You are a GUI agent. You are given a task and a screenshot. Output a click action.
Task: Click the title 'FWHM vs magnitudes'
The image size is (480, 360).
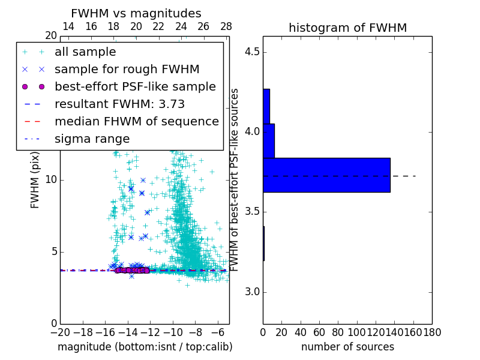click(136, 14)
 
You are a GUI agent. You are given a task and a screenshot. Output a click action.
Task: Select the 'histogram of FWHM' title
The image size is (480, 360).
click(347, 28)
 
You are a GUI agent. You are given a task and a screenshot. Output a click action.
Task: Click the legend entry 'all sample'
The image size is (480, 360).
click(85, 52)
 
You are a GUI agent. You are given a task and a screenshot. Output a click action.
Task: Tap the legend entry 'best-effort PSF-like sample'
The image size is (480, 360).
click(135, 86)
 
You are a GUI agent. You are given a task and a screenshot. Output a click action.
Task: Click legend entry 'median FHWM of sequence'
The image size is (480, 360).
click(136, 121)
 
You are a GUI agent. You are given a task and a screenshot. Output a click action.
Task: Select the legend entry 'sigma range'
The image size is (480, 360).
click(92, 139)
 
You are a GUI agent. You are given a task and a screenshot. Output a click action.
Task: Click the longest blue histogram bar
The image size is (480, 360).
click(326, 175)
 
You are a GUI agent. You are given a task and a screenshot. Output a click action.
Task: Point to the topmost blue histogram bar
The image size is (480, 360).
click(266, 106)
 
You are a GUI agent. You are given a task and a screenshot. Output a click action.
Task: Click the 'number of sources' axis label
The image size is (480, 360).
click(347, 347)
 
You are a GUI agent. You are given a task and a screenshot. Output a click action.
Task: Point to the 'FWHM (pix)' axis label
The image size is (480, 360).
click(35, 179)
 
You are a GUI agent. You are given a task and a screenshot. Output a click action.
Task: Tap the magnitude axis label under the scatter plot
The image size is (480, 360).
click(145, 347)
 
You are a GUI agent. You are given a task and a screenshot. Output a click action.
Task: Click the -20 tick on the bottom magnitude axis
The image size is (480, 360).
click(60, 332)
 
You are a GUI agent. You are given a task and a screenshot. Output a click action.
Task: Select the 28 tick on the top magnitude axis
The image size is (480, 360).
click(226, 26)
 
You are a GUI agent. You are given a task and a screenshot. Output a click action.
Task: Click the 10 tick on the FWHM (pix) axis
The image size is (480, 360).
click(50, 180)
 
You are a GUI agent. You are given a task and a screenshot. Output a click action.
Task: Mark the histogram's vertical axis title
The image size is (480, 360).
click(235, 179)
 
